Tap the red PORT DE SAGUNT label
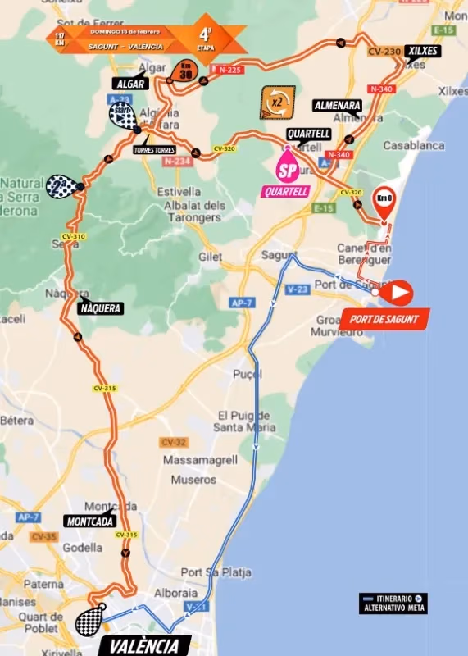(x=384, y=318)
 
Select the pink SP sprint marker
(x=288, y=171)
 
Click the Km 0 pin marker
(x=384, y=199)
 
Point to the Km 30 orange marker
(x=186, y=71)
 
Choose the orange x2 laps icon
(x=276, y=103)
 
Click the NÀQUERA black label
(x=101, y=308)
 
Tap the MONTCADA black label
(x=89, y=521)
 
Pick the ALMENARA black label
(x=337, y=106)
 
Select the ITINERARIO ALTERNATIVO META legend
(x=393, y=603)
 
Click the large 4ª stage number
(x=204, y=34)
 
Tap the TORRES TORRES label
(x=154, y=150)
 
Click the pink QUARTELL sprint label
(x=286, y=192)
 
